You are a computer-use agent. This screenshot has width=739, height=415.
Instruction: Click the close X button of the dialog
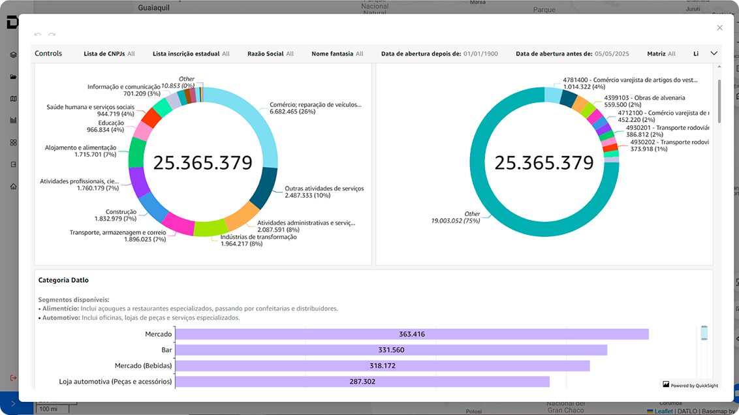click(719, 27)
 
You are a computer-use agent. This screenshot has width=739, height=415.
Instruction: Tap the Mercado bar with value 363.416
click(412, 334)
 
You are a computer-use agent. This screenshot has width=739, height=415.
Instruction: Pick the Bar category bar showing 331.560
click(392, 350)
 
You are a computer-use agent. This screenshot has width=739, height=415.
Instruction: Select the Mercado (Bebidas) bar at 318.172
click(383, 365)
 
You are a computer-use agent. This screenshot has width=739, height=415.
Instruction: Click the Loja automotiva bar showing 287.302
click(362, 381)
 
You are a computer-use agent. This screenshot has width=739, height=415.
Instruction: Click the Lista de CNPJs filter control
click(109, 54)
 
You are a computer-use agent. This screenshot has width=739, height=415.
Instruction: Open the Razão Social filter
click(270, 54)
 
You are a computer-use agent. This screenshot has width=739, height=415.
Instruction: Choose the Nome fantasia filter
click(337, 54)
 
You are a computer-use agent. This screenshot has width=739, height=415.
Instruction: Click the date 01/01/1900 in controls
click(480, 54)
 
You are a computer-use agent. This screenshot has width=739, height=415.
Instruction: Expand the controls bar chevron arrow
click(714, 54)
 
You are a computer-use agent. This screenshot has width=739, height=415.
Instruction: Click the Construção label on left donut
click(121, 212)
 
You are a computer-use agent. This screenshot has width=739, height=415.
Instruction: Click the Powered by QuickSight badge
click(690, 386)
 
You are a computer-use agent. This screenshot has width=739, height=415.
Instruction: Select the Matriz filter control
click(661, 54)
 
